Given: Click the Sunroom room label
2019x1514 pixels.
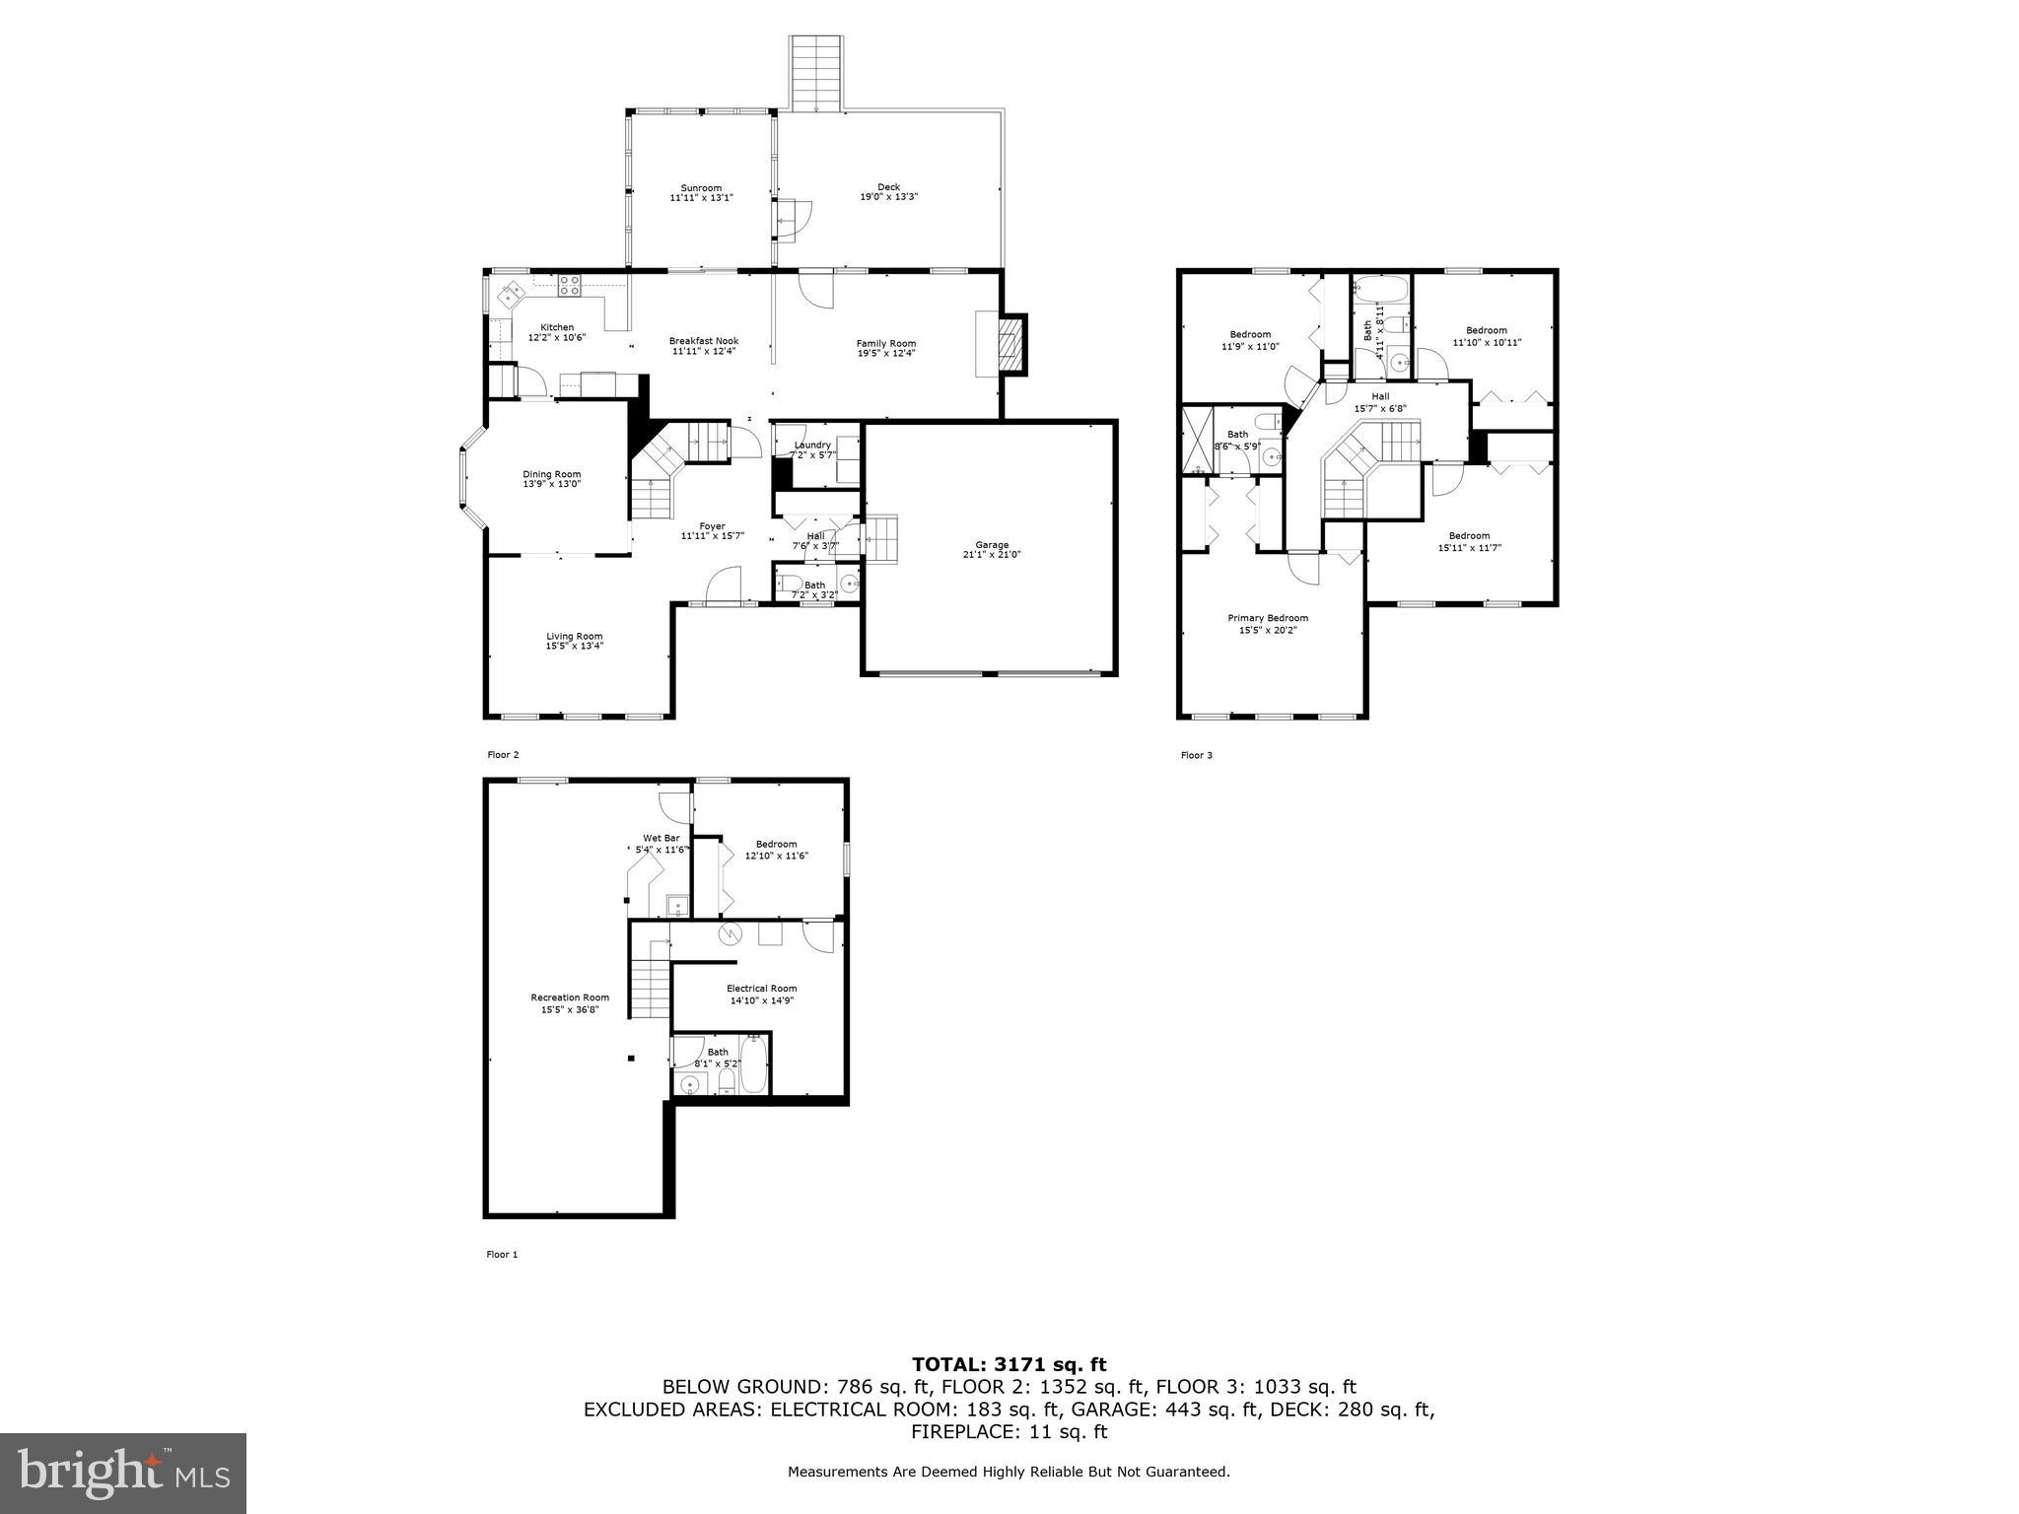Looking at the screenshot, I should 701,187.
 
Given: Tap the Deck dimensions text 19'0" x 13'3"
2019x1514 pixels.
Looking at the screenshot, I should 888,197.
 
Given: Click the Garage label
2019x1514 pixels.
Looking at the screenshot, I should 992,544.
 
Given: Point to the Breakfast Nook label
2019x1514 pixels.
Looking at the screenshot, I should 703,341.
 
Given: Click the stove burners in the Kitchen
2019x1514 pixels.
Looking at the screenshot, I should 569,286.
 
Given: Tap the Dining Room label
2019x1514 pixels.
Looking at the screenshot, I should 551,474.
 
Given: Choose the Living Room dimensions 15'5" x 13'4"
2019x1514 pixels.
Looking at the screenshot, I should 574,647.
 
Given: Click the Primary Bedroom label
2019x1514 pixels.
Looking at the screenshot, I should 1267,618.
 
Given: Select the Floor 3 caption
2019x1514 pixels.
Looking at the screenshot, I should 1196,755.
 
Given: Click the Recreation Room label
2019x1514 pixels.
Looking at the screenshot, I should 570,998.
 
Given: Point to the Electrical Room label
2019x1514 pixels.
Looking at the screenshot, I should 761,989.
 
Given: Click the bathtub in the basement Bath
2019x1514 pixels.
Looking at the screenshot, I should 753,1070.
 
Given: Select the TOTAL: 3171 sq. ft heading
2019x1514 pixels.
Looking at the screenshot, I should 1009,1364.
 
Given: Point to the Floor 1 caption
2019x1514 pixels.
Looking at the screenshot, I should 501,1255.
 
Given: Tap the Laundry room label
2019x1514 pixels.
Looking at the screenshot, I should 812,445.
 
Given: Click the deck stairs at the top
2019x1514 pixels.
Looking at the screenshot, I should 815,74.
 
